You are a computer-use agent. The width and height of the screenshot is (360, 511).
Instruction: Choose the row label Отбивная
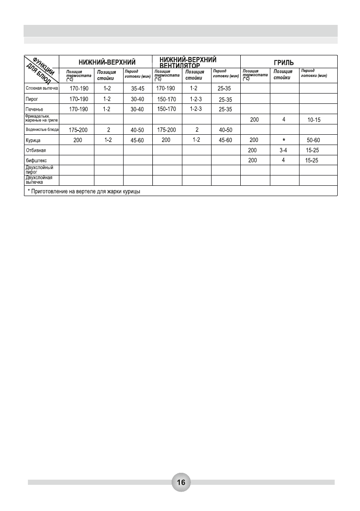coord(36,151)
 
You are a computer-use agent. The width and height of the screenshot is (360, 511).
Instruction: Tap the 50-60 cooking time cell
coord(313,140)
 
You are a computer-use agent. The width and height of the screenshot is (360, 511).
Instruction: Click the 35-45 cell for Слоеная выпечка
coord(138,88)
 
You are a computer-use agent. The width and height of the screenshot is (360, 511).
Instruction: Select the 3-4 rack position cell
coord(284,151)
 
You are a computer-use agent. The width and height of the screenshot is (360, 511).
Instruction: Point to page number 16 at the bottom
coord(181,482)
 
